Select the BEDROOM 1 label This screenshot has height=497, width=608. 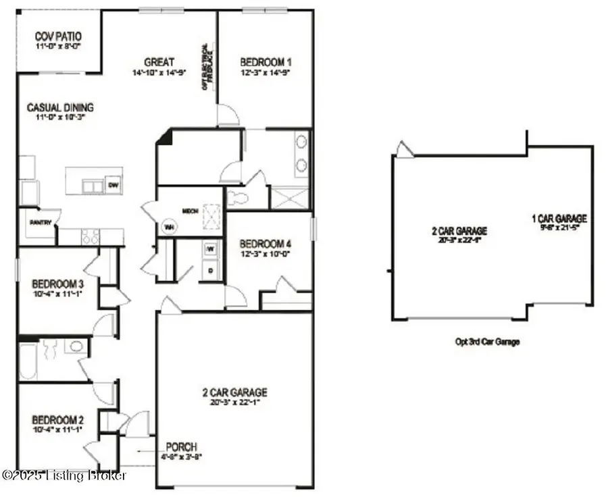click(265, 63)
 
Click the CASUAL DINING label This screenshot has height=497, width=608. click(60, 107)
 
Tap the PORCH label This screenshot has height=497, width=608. click(182, 447)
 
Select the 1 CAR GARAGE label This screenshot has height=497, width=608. click(559, 218)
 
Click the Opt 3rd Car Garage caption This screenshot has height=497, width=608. click(488, 342)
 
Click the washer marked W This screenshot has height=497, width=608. click(211, 248)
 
